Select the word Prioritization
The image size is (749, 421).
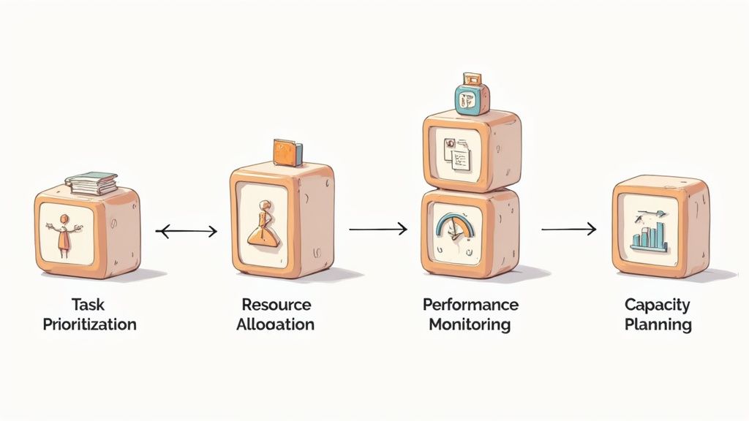89,324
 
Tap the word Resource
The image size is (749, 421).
276,304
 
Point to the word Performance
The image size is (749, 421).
470,304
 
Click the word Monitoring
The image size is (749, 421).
470,324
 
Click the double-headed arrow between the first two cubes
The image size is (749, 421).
187,232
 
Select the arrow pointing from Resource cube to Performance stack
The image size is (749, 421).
377,230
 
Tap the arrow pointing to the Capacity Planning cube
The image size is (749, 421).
568,230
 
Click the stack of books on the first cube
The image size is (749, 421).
91,183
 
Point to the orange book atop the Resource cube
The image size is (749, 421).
287,152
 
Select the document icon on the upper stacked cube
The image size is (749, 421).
455,154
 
